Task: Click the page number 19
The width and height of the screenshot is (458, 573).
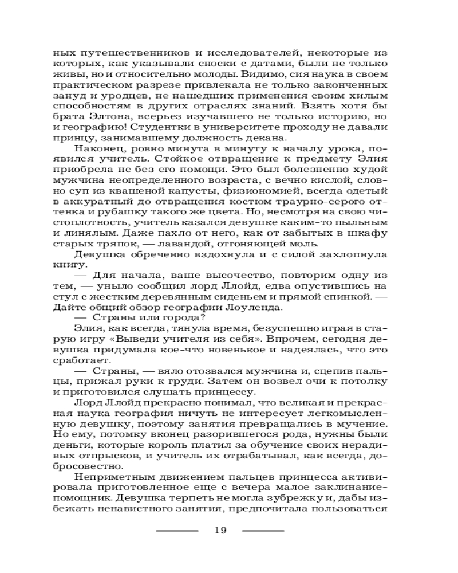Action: pyautogui.click(x=220, y=530)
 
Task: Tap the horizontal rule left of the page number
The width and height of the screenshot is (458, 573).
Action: pyautogui.click(x=177, y=531)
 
